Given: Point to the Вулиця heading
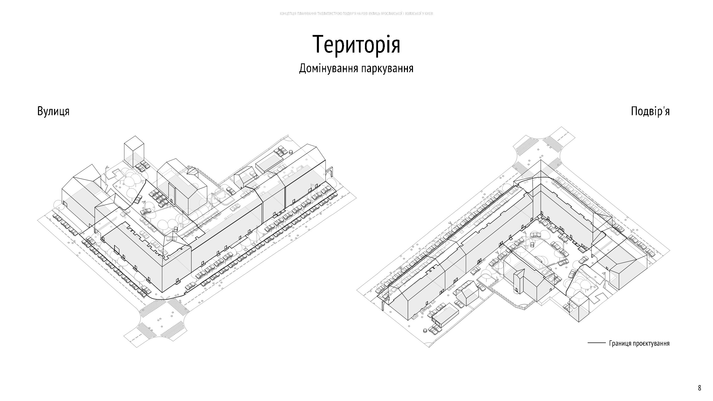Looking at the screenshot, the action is (53, 111).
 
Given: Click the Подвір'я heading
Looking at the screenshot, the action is (650, 111).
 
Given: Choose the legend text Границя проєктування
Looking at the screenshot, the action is (639, 343).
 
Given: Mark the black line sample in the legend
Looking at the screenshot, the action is (597, 343).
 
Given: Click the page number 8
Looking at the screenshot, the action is (699, 388).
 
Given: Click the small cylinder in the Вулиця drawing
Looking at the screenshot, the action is (291, 152).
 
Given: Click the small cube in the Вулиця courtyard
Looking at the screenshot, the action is (176, 229).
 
